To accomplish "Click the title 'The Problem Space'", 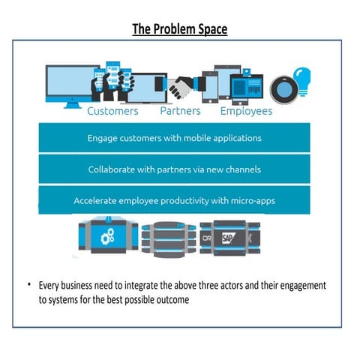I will click(180, 29).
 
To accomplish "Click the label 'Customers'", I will click(112, 111).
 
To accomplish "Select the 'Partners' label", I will click(180, 111).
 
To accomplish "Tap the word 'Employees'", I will click(246, 111).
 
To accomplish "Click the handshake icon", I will click(180, 88).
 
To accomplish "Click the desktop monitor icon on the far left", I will click(68, 85).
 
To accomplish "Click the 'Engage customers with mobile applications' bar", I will click(174, 139).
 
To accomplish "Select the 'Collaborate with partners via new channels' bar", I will click(174, 169).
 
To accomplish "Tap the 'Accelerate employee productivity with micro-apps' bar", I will click(174, 200).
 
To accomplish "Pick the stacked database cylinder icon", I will click(169, 236).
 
